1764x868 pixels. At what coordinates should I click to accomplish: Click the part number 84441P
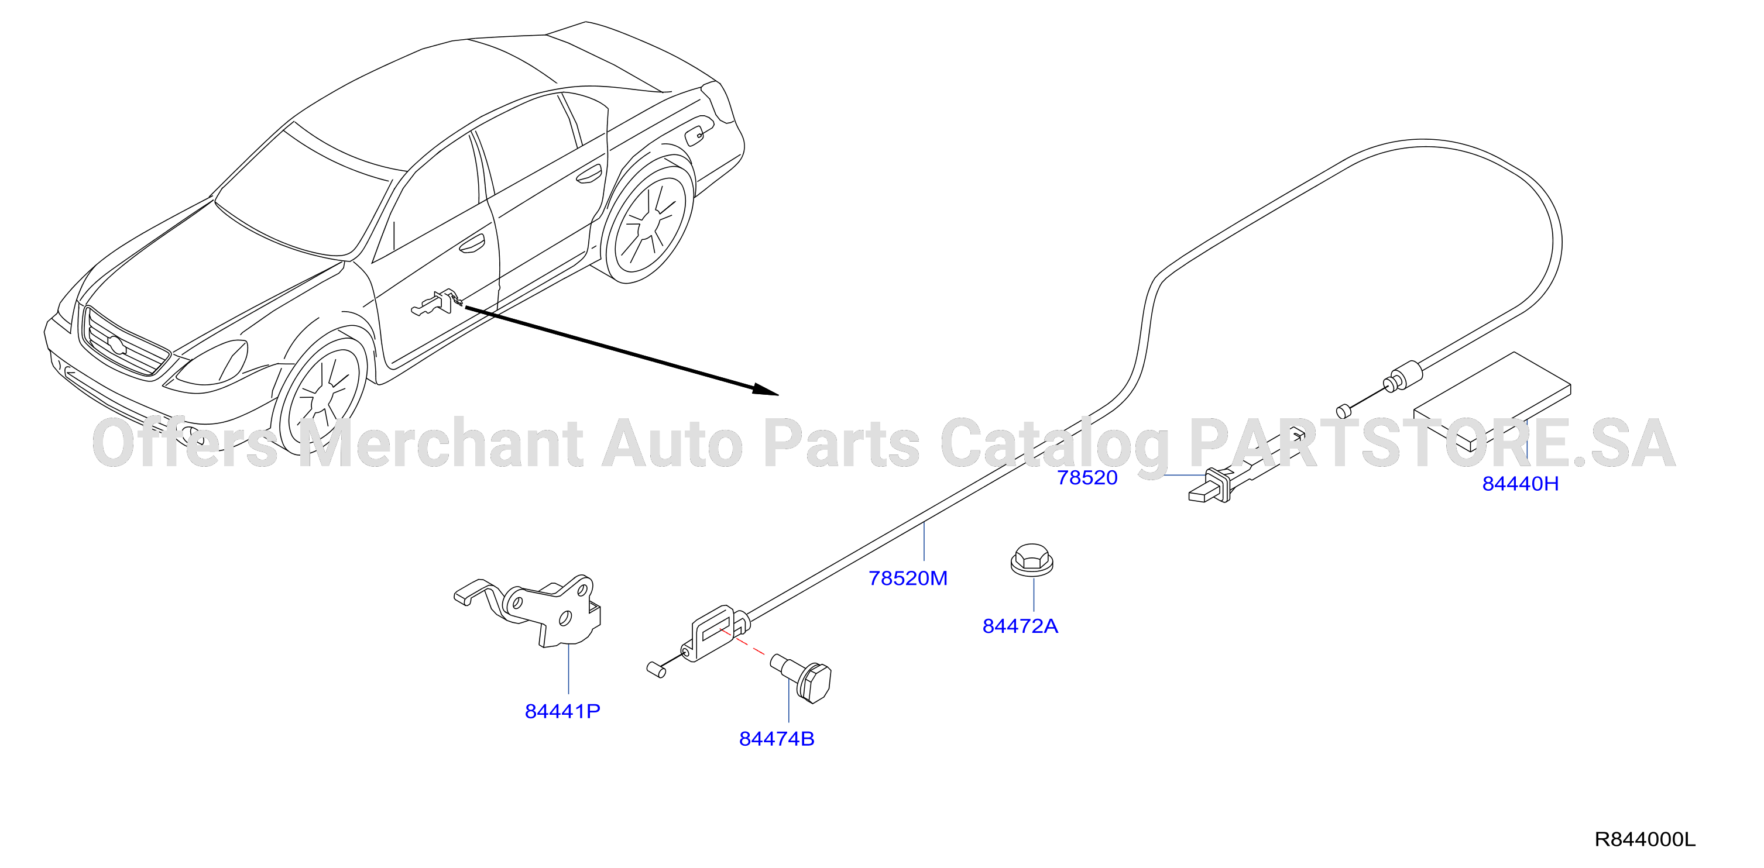562,712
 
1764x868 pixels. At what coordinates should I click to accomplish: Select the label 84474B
777,739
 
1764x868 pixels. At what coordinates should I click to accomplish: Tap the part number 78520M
908,578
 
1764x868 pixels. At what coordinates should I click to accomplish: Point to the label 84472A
1020,626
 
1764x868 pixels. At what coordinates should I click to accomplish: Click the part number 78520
1087,478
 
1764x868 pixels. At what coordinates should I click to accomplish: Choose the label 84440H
1520,484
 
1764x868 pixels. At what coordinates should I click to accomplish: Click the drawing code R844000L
1645,839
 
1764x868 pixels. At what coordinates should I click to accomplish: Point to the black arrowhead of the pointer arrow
765,390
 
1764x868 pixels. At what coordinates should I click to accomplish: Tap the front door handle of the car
472,244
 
